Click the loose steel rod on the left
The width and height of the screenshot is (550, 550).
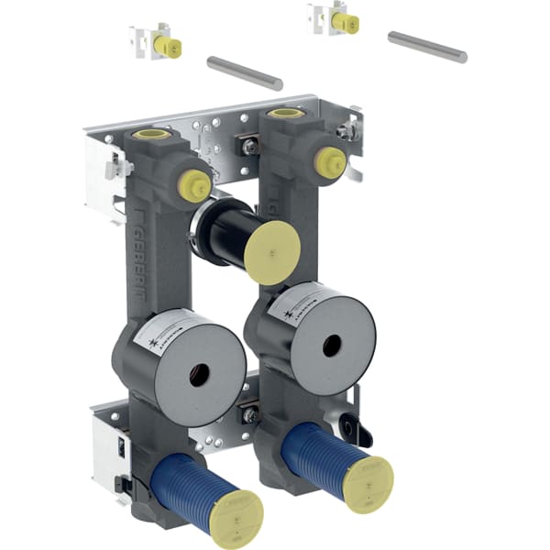click(244, 73)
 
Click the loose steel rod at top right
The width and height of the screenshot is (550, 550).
click(427, 47)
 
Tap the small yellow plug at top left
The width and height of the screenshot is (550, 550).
click(168, 47)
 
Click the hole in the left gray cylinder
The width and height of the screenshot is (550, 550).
click(196, 373)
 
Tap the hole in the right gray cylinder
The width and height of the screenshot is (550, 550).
click(332, 345)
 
